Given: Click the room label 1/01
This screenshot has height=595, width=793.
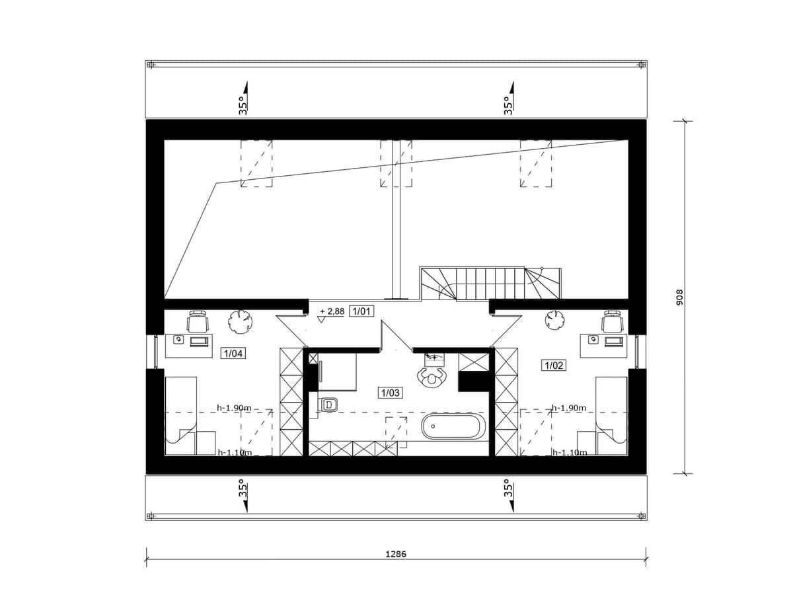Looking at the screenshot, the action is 361,311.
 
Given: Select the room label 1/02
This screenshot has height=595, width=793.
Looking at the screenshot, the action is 553,365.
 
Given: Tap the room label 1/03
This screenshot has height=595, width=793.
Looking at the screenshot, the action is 390,392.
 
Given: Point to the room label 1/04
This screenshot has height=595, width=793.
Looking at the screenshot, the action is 233,353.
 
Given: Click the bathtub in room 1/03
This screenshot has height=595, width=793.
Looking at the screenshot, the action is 451,426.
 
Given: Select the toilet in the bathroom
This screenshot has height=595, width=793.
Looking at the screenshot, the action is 326,404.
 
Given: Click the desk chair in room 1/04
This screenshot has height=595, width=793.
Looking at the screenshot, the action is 198,321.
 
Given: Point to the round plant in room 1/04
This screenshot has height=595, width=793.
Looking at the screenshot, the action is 240,320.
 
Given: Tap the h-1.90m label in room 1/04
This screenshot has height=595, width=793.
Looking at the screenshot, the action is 234,407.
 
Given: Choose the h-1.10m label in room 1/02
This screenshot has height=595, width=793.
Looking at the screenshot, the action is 570,452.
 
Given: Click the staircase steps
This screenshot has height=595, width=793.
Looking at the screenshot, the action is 490,283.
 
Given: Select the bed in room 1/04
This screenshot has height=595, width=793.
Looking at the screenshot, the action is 181,415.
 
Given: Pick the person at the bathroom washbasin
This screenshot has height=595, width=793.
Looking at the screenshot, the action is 431,378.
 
